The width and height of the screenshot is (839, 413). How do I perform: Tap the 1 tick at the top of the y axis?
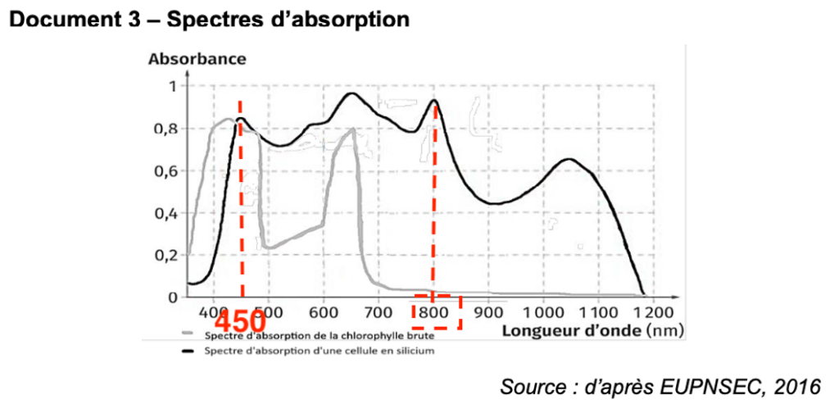(x=171, y=86)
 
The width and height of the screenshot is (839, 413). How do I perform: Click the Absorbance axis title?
(x=197, y=59)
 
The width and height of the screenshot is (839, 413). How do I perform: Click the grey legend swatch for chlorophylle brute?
(x=189, y=334)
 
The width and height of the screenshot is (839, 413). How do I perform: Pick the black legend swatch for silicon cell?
(x=189, y=351)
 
